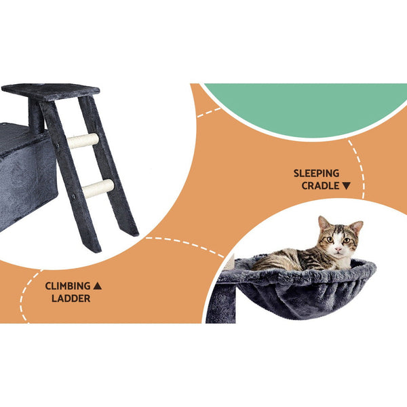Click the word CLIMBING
pos(68,286)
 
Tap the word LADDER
pos(71,298)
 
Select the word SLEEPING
pos(316,173)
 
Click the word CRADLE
pos(320,185)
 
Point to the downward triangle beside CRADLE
pos(347,185)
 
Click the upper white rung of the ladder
pos(82,141)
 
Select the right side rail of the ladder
pos(112,170)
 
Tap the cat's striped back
pos(285,258)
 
